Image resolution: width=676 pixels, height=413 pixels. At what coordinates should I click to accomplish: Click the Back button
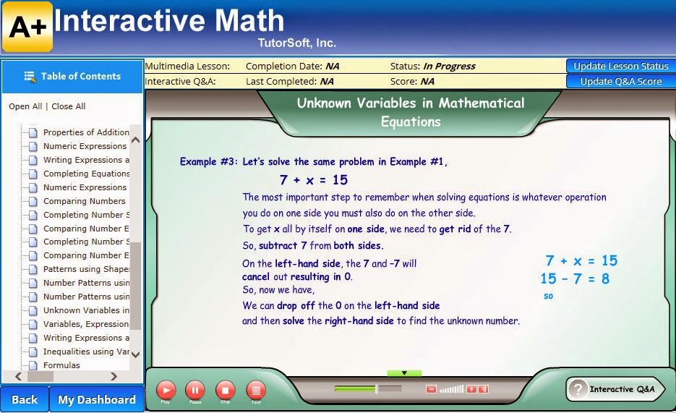pos(24,399)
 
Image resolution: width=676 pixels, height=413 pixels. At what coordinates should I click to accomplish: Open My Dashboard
pos(96,399)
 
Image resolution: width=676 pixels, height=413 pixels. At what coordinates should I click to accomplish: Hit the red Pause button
pos(195,391)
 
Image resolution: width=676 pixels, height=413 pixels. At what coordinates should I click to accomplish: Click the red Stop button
pos(226,391)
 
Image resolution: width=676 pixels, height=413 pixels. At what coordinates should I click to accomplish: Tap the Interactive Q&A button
pos(615,389)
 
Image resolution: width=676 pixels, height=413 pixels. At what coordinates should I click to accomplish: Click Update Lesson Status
pos(620,66)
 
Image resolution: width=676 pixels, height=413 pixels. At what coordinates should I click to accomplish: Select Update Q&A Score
pos(620,81)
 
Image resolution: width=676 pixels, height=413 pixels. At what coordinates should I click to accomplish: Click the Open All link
pos(25,106)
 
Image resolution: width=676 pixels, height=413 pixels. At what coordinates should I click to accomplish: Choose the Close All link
pos(68,106)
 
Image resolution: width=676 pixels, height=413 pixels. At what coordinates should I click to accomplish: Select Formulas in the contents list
pos(61,365)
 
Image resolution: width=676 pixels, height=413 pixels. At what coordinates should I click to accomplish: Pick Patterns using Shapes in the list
pos(86,269)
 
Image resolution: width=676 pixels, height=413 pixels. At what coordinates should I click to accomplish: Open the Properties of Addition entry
pos(86,132)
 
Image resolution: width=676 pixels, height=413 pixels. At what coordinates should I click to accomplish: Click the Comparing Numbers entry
pos(84,201)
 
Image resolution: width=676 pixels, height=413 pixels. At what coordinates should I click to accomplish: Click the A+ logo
pos(27,27)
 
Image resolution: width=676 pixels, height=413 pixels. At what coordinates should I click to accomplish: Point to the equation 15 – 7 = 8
pos(575,278)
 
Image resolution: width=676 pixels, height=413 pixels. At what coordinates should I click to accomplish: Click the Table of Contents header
pos(72,76)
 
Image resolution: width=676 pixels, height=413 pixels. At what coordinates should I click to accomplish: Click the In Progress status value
pos(449,66)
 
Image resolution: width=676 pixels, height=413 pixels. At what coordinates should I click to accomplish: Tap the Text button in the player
pos(256,391)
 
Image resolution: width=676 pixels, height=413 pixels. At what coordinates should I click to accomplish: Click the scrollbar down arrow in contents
pos(136,355)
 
